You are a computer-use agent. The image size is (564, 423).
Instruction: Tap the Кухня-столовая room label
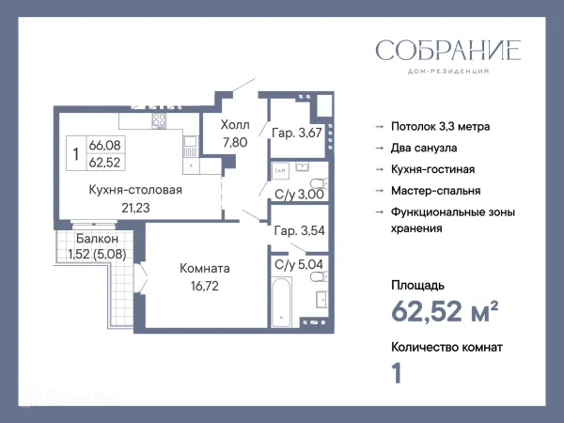pyautogui.click(x=135, y=190)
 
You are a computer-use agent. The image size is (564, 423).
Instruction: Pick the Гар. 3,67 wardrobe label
pyautogui.click(x=297, y=133)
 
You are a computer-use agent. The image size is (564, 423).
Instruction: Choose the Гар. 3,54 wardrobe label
pyautogui.click(x=297, y=230)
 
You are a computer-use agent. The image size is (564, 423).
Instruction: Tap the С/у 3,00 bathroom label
pyautogui.click(x=299, y=195)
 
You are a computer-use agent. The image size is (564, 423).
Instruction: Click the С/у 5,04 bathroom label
pyautogui.click(x=298, y=265)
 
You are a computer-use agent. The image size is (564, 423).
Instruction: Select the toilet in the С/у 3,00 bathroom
pyautogui.click(x=317, y=182)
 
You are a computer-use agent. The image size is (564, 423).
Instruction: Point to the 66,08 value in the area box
pyautogui.click(x=105, y=146)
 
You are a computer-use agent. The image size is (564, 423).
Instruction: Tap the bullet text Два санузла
pyautogui.click(x=426, y=148)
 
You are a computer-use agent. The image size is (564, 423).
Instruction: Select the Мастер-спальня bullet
pyautogui.click(x=437, y=191)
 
